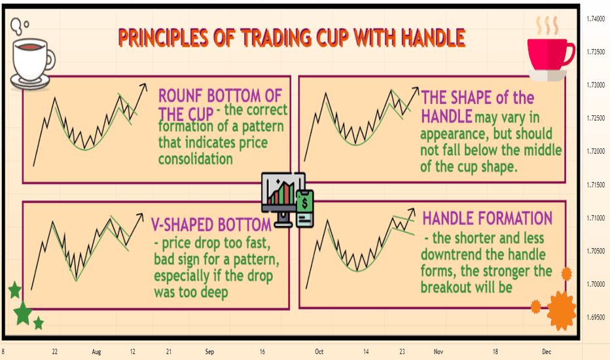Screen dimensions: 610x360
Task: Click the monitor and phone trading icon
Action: pos(287,200)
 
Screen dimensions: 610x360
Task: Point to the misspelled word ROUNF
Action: pos(181,96)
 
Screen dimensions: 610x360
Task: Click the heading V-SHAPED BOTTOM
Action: pos(211,225)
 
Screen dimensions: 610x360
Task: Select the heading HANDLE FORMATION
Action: pos(488,219)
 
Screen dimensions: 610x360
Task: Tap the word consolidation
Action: pos(196,159)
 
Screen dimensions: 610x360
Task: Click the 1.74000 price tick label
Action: pos(596,19)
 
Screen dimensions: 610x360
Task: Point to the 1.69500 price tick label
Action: pos(596,317)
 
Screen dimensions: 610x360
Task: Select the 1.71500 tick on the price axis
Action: pos(596,185)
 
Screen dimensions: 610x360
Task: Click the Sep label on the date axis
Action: pos(209,352)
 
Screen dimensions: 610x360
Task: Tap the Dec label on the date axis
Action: pos(547,351)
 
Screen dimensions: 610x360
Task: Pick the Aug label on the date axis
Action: pos(96,352)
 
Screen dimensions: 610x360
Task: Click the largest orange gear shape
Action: pos(562,310)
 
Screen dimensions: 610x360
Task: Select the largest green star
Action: pos(23,314)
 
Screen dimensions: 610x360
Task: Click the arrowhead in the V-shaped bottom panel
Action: pos(140,217)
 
